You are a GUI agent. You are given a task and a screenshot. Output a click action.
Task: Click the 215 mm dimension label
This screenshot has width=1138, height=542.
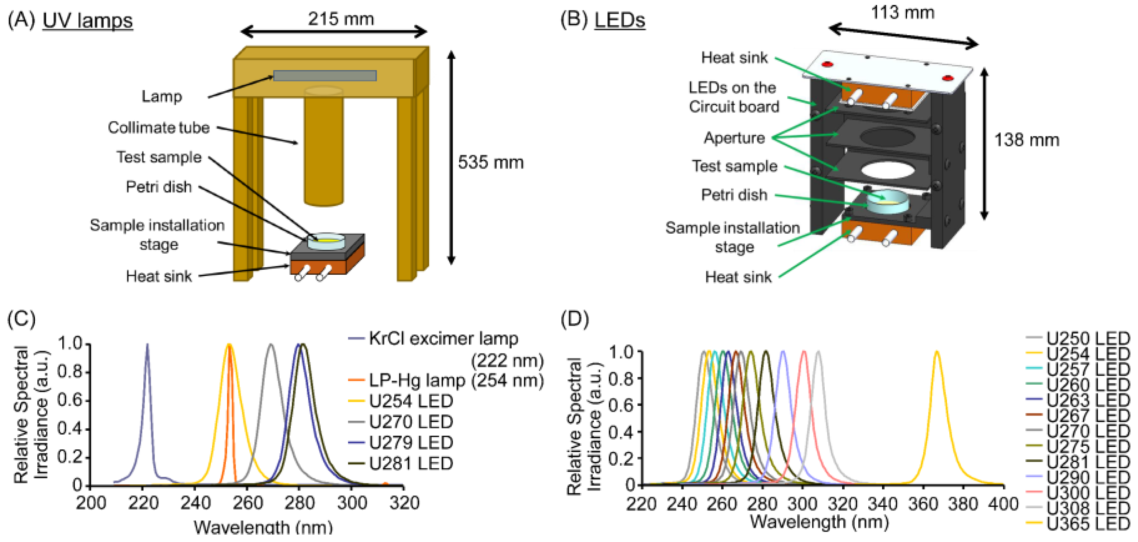(341, 19)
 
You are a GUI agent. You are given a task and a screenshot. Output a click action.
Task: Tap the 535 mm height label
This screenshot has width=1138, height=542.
(490, 162)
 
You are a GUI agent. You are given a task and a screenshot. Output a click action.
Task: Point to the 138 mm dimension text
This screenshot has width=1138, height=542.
(1026, 140)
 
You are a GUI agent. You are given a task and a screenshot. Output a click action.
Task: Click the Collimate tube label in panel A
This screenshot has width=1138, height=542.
(159, 127)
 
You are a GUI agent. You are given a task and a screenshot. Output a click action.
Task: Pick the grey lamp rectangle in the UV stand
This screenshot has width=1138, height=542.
(325, 76)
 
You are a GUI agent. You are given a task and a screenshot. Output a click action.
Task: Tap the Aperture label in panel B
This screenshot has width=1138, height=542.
(734, 138)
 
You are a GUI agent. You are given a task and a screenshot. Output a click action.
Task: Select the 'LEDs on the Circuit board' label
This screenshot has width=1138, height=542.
(733, 97)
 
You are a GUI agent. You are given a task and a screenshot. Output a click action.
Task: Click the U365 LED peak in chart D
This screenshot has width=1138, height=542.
(936, 353)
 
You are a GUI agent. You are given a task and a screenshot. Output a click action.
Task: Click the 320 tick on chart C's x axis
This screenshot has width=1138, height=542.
(404, 503)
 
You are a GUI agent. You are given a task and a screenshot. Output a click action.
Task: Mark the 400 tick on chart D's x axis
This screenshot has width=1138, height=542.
(1003, 504)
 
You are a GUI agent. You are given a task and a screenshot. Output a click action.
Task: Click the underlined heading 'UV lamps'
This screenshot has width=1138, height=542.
(88, 21)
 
